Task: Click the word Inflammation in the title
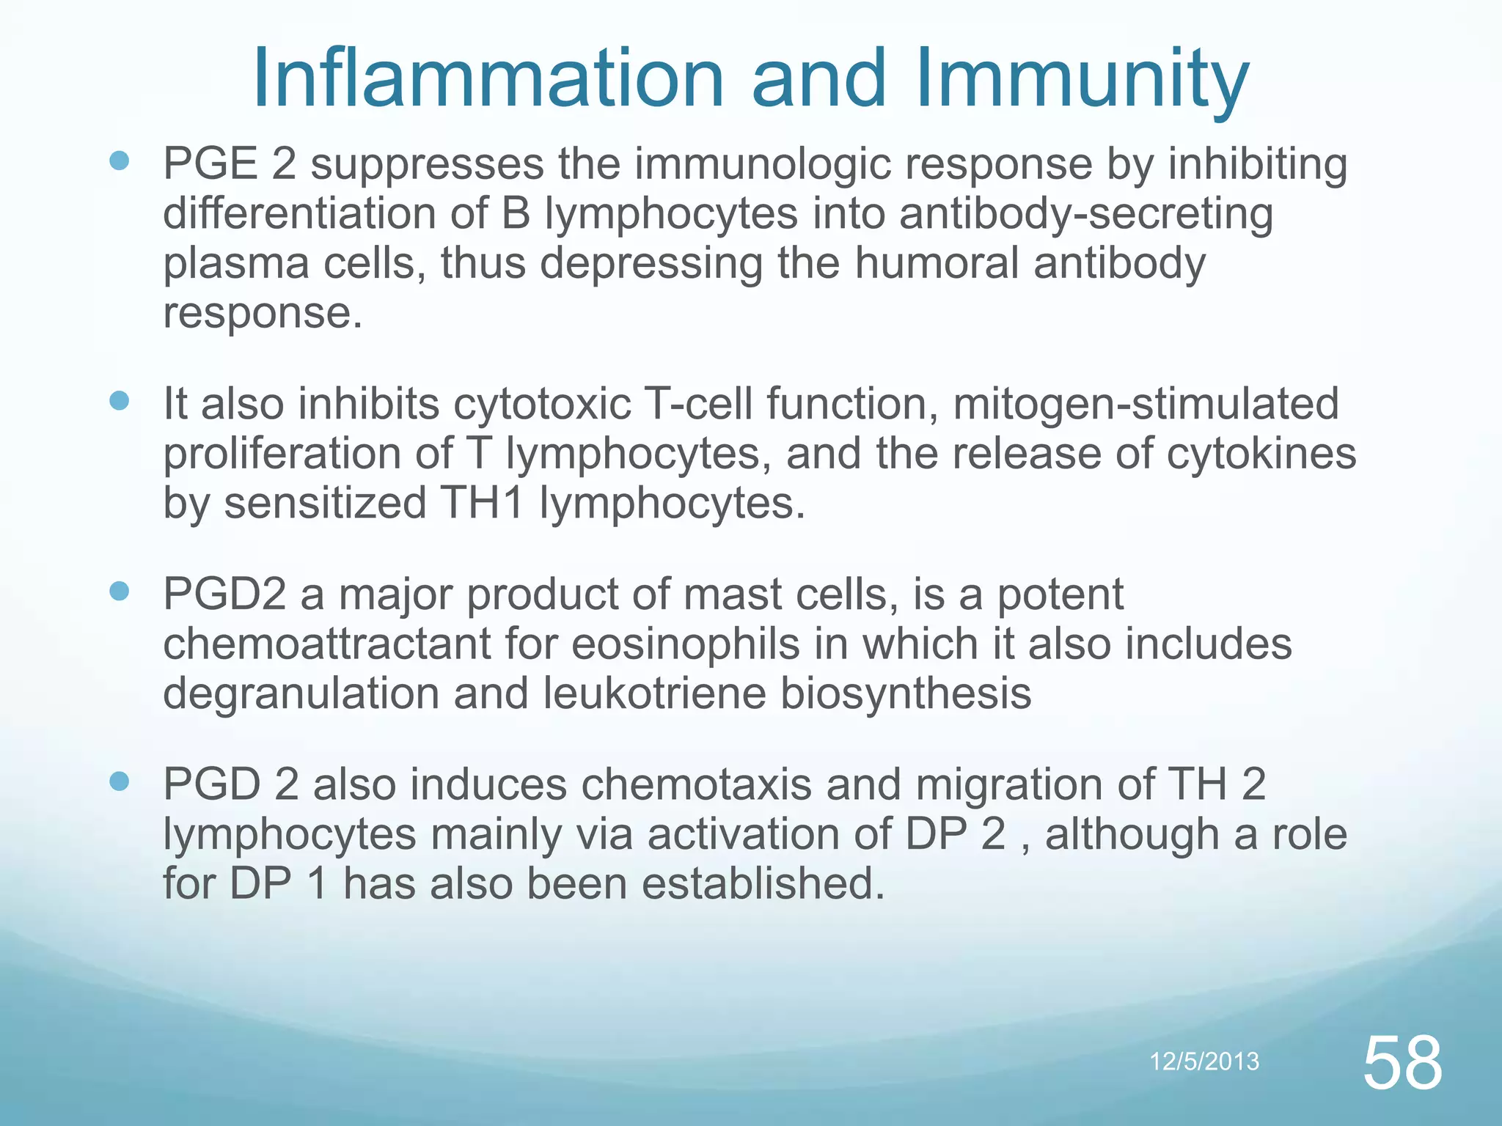488,78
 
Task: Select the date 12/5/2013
1204,1061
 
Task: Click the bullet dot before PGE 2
119,161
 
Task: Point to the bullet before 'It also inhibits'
119,401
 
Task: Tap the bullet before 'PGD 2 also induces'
119,781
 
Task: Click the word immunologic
763,164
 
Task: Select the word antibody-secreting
1086,213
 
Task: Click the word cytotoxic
542,404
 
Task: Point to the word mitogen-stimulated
1146,404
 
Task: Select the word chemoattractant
326,644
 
